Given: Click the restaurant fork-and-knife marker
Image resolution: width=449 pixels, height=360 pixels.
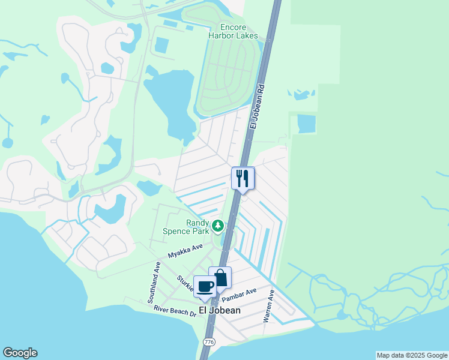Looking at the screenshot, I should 243,178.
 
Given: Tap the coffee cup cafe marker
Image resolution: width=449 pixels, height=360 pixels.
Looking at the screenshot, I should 205,286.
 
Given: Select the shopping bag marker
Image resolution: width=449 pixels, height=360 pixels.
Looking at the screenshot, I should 220,278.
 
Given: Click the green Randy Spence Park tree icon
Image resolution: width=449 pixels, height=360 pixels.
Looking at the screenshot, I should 219,226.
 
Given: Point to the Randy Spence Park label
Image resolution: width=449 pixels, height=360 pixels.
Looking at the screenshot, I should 188,226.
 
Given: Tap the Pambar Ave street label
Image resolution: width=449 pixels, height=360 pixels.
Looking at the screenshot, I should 239,295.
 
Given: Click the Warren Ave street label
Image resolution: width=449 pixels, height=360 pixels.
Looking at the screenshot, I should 269,307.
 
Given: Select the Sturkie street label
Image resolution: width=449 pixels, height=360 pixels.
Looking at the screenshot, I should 185,283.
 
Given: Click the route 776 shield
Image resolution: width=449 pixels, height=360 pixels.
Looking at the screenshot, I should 209,341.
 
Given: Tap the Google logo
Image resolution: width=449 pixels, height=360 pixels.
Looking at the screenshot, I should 20,353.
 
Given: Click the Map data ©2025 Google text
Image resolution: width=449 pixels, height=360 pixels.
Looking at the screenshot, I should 411,355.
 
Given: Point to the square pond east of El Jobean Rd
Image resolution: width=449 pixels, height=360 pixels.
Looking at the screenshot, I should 306,124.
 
